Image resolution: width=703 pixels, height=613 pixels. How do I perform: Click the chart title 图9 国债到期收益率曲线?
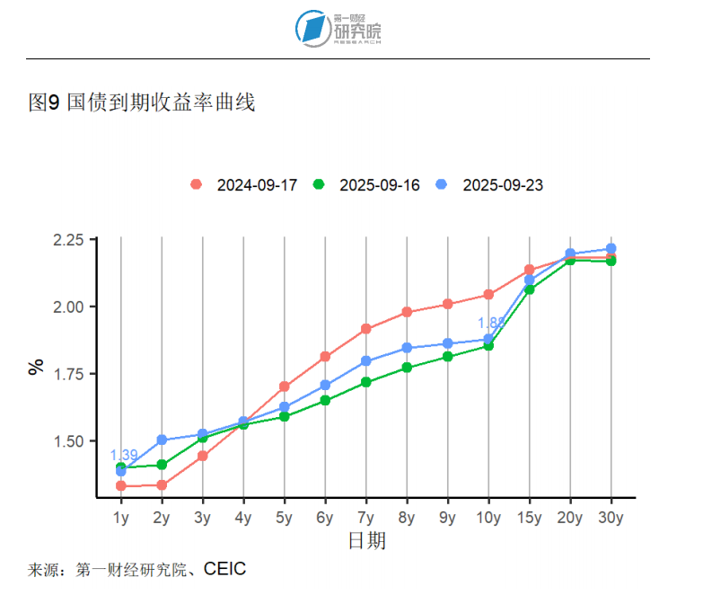point(142,103)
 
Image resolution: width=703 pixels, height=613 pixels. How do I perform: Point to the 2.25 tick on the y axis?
point(68,240)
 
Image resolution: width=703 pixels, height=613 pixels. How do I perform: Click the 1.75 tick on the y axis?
point(68,374)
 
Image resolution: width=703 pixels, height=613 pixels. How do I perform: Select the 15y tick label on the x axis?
point(530,518)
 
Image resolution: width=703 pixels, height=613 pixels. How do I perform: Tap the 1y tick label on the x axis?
point(121,518)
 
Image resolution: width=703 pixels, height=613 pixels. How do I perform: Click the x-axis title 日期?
point(366,540)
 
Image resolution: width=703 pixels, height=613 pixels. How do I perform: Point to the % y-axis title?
point(36,367)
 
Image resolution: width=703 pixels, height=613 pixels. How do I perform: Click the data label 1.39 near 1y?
point(124,455)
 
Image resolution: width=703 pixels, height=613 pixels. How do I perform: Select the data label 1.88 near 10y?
point(491,324)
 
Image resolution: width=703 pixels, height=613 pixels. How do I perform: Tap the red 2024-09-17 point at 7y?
point(366,329)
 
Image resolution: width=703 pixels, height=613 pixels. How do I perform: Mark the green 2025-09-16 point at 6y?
point(325,400)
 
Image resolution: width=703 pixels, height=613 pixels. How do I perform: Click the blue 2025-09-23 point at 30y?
point(611,248)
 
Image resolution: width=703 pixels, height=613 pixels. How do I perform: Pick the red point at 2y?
point(162,485)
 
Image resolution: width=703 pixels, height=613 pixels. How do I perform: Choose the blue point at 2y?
point(162,440)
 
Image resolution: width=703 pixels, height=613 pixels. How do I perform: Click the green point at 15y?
point(530,289)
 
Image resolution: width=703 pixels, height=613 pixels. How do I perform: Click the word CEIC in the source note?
point(224,569)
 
